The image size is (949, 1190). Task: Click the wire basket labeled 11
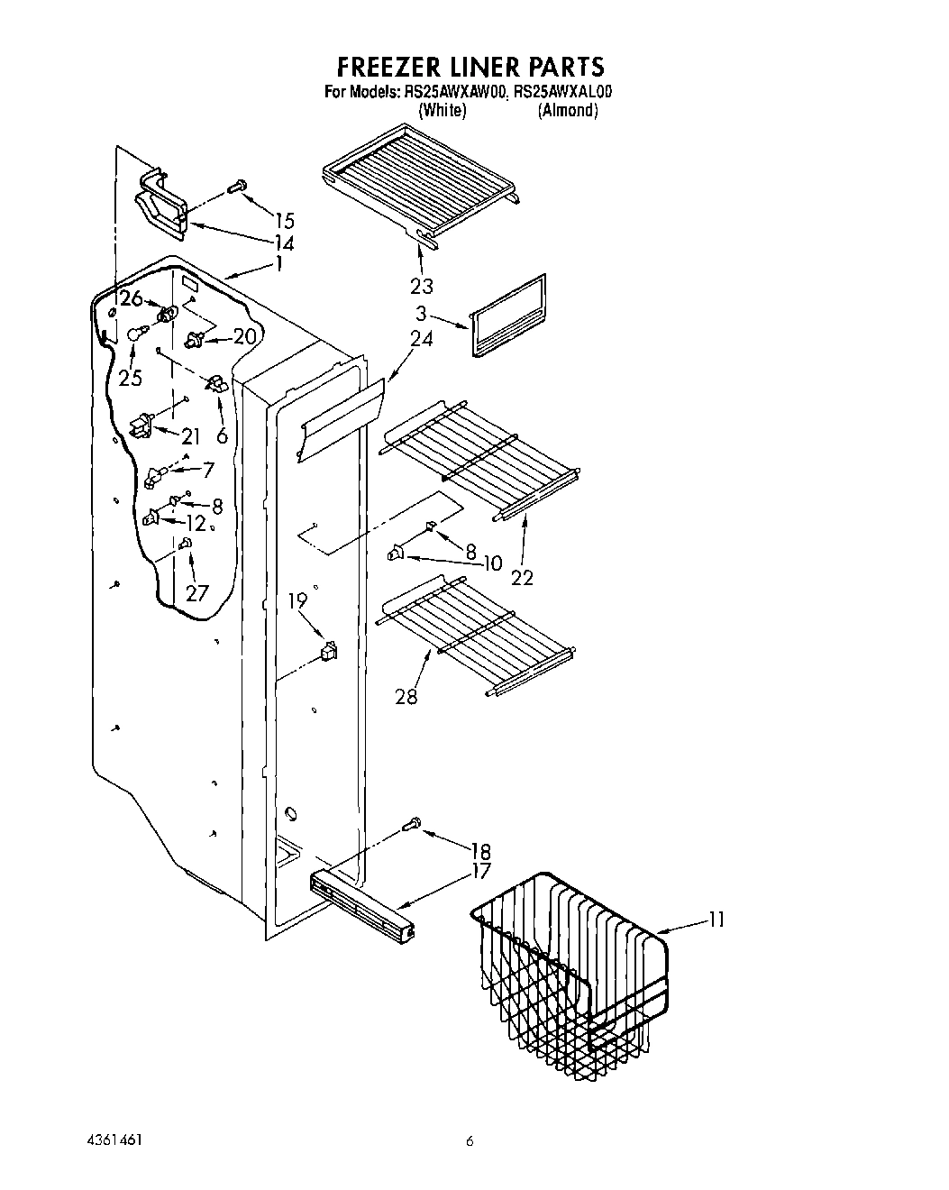[570, 974]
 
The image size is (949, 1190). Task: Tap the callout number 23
[421, 286]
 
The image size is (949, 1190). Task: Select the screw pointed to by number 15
[237, 187]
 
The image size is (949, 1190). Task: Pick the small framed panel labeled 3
[508, 316]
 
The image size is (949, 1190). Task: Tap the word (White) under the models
[442, 111]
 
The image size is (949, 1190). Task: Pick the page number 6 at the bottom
[470, 1140]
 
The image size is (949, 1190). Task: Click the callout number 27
[196, 592]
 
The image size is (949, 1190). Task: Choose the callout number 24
[421, 339]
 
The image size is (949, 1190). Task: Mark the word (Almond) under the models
[568, 111]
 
